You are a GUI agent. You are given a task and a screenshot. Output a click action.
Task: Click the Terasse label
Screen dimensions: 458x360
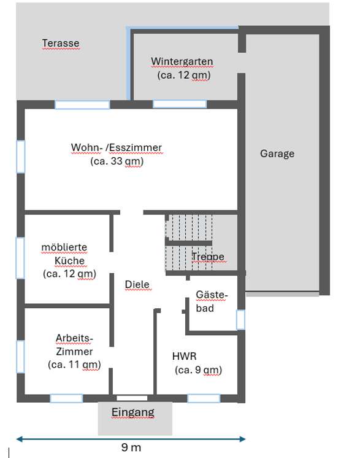61,43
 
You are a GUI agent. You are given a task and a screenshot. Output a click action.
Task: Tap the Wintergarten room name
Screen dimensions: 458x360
182,61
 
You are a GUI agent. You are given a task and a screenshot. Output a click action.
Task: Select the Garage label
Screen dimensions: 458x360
277,153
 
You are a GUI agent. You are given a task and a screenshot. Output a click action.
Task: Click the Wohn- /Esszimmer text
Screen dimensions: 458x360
117,147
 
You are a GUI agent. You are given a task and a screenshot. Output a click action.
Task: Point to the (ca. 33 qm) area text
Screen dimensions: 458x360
117,161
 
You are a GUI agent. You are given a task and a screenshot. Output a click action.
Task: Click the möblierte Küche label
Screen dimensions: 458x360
64,254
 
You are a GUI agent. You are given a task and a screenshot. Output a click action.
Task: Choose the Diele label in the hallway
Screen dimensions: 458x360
137,284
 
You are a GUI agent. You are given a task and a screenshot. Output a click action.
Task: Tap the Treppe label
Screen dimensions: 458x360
208,256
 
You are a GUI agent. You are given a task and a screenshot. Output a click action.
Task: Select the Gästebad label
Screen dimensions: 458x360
211,301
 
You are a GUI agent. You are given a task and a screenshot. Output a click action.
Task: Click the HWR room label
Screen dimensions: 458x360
184,355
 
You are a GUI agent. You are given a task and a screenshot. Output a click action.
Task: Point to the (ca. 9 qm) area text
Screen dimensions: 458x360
197,370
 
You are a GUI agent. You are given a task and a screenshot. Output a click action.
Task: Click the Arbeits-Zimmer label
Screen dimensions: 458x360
74,344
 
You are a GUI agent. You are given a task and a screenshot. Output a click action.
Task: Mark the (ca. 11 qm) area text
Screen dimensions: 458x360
74,365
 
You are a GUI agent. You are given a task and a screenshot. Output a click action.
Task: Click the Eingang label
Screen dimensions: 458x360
132,412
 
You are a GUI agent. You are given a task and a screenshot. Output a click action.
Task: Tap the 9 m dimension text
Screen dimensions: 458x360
131,448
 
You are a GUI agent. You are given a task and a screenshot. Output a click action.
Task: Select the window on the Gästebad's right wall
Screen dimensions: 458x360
240,319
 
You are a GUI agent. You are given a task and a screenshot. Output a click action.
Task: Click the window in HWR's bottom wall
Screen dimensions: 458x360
204,398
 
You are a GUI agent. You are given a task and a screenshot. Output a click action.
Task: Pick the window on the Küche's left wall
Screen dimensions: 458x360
20,258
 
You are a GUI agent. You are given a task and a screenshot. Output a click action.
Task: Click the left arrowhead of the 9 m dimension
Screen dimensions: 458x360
20,438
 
